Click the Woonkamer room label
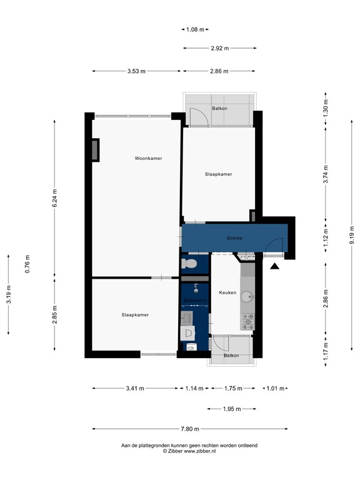148,158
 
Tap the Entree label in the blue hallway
234,238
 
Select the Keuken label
227,292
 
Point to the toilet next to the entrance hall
189,264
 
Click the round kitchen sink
247,297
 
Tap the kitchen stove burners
247,322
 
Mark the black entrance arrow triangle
274,267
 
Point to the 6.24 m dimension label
54,197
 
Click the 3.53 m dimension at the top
136,71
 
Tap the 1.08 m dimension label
196,29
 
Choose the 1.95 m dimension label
232,409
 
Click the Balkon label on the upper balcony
219,109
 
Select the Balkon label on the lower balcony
232,356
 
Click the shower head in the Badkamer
196,288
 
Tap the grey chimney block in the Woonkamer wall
95,150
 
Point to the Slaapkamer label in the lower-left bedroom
135,315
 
